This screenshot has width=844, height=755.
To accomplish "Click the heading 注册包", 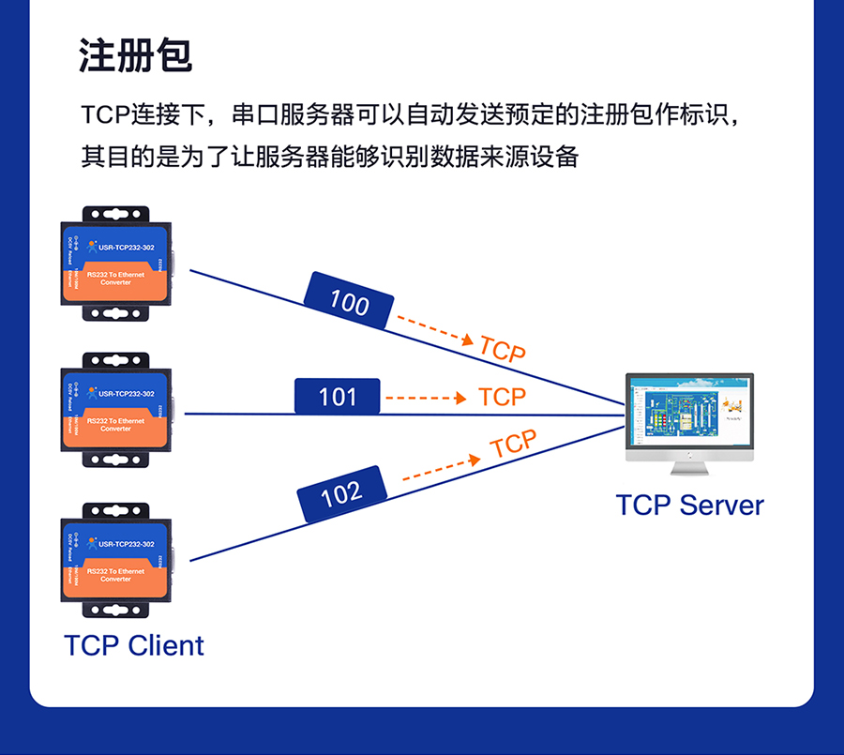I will point(136,56).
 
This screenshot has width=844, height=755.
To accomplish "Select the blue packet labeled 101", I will point(338,397).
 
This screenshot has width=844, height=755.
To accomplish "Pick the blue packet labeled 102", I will point(341,493).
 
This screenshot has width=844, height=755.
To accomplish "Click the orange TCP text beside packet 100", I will point(502,349).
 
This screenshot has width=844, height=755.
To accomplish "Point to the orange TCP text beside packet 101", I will point(502,397).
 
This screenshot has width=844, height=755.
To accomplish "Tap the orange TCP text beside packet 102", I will point(514,444).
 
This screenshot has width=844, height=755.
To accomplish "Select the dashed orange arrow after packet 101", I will point(425,398).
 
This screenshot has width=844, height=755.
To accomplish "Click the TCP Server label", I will point(689,505).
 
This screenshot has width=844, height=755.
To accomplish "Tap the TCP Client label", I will point(134,645).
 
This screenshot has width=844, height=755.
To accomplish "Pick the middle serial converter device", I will point(116,410).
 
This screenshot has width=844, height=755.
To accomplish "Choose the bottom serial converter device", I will point(116,560).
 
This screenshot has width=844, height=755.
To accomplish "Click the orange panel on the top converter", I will point(116,283).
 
